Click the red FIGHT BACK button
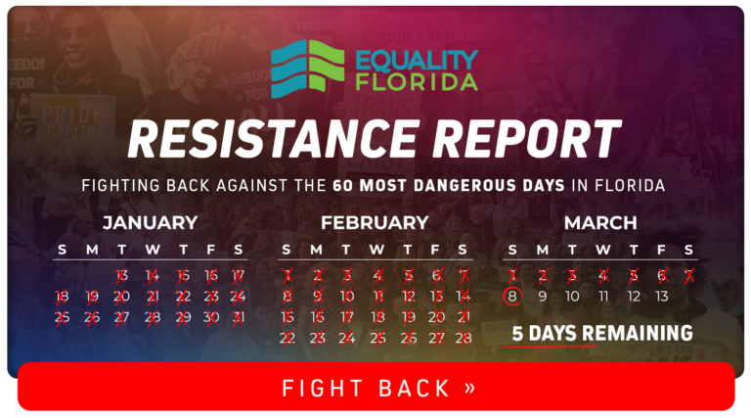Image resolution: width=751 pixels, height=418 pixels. point(375,387)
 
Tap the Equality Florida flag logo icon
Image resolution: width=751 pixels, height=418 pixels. point(307,69)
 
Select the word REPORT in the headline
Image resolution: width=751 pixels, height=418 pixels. point(528,139)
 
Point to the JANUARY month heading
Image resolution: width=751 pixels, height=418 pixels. point(150,223)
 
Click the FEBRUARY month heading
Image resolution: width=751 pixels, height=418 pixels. point(375,223)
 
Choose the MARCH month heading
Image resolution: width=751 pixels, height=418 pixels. point(600,223)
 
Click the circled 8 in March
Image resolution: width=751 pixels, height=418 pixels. point(512,297)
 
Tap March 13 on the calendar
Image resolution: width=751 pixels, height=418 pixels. point(662,297)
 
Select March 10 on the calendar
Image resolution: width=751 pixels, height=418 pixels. point(572,297)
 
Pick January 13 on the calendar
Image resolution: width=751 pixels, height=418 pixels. point(121,276)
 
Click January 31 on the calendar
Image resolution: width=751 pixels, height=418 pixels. point(239,317)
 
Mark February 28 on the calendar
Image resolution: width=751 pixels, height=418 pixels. point(464,339)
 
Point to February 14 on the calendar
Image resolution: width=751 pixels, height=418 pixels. point(464,297)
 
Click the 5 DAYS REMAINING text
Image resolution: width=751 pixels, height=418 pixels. point(602,333)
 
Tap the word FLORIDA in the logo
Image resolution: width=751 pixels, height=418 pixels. point(417,82)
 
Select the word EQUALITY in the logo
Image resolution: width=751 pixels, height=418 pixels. point(417,61)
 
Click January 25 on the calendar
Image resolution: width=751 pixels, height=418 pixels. point(62,317)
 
